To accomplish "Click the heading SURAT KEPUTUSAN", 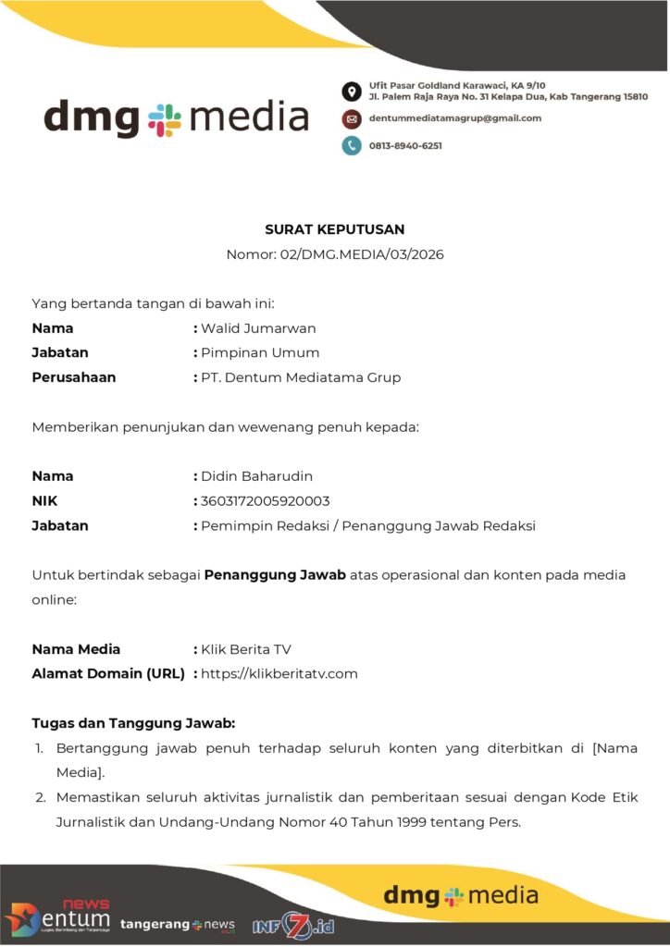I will pyautogui.click(x=335, y=229).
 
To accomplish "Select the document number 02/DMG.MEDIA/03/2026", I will pyautogui.click(x=361, y=253).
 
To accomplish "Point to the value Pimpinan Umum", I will pyautogui.click(x=260, y=352).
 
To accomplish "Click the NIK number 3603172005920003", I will pyautogui.click(x=266, y=501).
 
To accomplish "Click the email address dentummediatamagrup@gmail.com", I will pyautogui.click(x=455, y=118).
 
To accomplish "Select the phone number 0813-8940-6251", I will pyautogui.click(x=405, y=145).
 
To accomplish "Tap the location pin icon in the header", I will pyautogui.click(x=352, y=91).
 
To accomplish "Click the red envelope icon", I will pyautogui.click(x=352, y=118).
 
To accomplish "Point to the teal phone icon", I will pyautogui.click(x=352, y=145).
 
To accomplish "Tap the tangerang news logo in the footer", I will pyautogui.click(x=177, y=925).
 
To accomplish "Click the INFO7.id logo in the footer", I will pyautogui.click(x=292, y=925).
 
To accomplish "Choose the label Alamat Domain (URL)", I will pyautogui.click(x=108, y=673).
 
